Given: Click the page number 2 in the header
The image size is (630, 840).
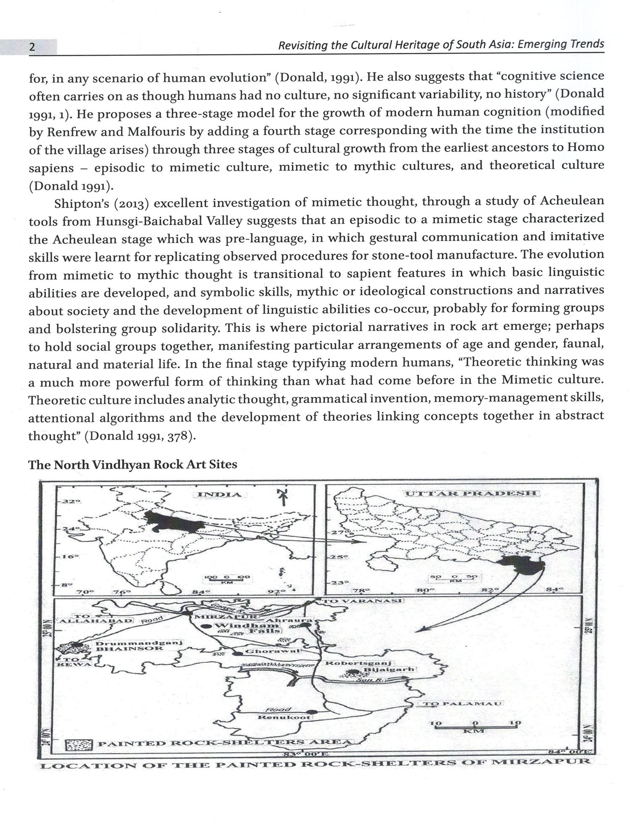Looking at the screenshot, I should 31,47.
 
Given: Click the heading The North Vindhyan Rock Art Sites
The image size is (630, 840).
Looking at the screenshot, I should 132,465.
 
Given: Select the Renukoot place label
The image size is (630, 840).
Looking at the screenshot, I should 284,717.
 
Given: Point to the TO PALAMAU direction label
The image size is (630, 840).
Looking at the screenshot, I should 461,704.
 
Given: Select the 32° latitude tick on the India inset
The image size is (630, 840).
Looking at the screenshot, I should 69,502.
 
